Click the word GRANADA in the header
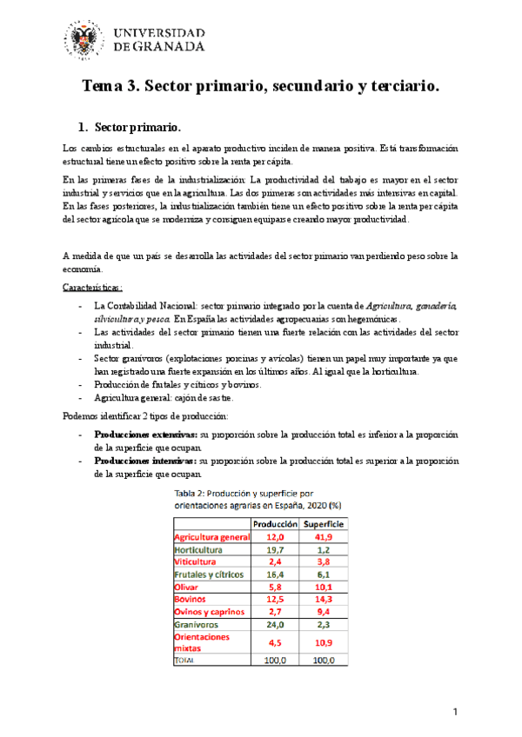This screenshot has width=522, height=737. [169, 50]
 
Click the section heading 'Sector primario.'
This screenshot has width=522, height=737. [137, 127]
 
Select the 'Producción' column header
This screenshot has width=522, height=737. [276, 525]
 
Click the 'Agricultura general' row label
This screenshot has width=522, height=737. [213, 538]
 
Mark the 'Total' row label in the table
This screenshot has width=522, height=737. [186, 661]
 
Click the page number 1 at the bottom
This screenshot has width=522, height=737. [456, 713]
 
